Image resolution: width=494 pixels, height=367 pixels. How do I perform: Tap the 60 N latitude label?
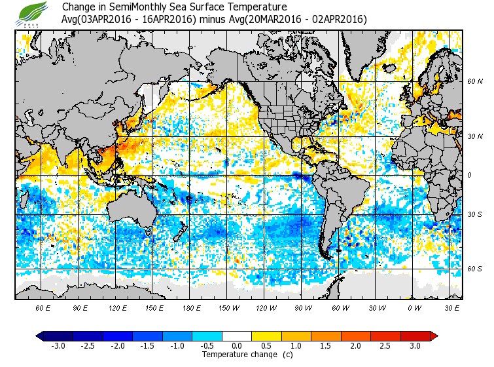point(474,82)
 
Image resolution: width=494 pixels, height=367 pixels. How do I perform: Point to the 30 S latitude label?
point(474,215)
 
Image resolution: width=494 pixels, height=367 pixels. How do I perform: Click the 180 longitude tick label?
point(190,307)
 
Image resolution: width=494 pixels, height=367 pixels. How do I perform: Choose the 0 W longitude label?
point(414,307)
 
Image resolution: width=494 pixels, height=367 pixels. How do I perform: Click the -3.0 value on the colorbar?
point(59,346)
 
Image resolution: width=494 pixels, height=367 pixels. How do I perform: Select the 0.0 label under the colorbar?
point(237,346)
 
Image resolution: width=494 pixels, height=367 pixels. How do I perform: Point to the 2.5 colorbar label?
point(385,346)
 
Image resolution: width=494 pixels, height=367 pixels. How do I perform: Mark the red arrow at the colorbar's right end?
point(433,336)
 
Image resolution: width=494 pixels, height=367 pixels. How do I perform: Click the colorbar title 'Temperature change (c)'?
point(237,355)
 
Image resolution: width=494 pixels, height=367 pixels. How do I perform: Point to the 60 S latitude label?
point(474,269)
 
